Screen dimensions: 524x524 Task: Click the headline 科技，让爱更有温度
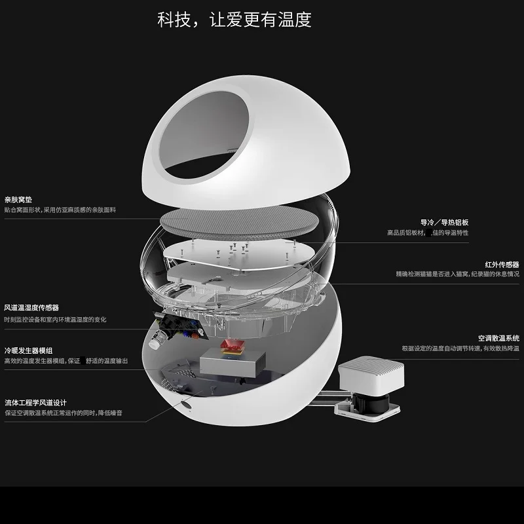[234, 19]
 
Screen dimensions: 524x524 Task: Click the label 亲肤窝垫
[18, 199]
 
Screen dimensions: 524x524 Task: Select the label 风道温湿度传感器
[31, 307]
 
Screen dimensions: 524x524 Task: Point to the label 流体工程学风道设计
[35, 402]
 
